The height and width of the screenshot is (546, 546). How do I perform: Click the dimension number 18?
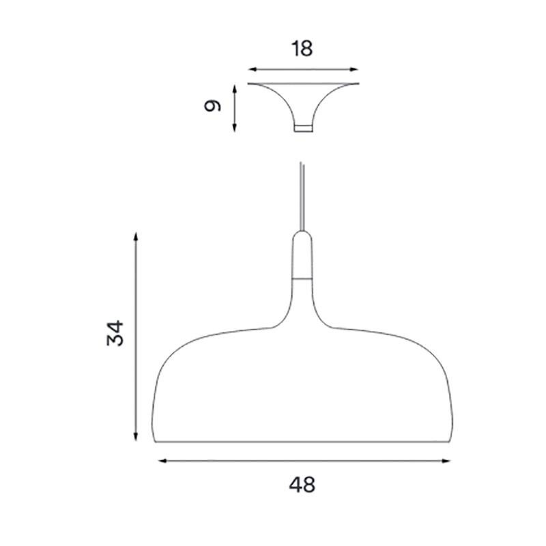point(302,50)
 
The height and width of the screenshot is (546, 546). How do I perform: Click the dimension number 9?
point(214,107)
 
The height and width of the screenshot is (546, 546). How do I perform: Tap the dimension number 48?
point(302,486)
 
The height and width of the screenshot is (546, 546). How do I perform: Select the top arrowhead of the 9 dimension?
point(235,88)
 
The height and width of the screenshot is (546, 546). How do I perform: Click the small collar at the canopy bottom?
point(302,128)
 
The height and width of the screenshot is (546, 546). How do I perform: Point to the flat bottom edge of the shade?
point(302,442)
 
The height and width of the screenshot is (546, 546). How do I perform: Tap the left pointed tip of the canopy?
point(249,84)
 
